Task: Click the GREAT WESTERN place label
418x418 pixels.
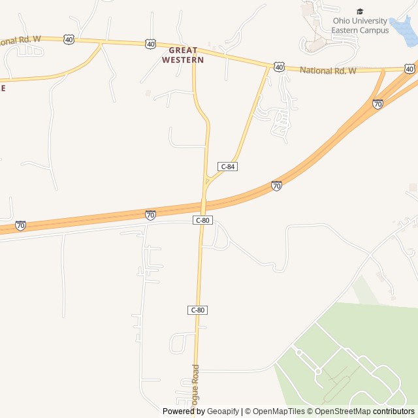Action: click(x=183, y=55)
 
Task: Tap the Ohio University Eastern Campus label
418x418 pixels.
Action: click(x=360, y=25)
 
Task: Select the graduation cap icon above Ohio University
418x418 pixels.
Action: click(x=360, y=11)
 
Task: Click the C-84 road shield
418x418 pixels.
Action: click(x=227, y=167)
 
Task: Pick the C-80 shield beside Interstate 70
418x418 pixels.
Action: click(x=202, y=221)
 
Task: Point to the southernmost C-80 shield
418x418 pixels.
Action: click(x=197, y=310)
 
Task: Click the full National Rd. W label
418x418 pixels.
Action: click(x=328, y=70)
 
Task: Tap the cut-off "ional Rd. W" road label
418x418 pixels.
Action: click(x=20, y=40)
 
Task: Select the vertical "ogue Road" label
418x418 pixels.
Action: click(x=195, y=390)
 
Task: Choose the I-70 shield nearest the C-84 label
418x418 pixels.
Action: click(x=276, y=186)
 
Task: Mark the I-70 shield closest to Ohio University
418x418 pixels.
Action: click(x=378, y=104)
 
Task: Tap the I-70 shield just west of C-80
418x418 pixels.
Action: click(x=150, y=215)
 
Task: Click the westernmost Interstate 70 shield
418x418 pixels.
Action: click(x=21, y=225)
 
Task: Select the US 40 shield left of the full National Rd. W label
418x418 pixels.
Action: click(x=279, y=67)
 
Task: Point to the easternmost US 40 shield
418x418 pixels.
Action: click(x=409, y=69)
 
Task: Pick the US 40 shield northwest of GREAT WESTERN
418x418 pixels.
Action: click(x=151, y=44)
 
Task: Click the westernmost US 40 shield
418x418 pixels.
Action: click(x=69, y=40)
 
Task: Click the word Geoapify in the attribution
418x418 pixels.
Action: click(x=223, y=411)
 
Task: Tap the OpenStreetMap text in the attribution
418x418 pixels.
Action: click(x=342, y=411)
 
